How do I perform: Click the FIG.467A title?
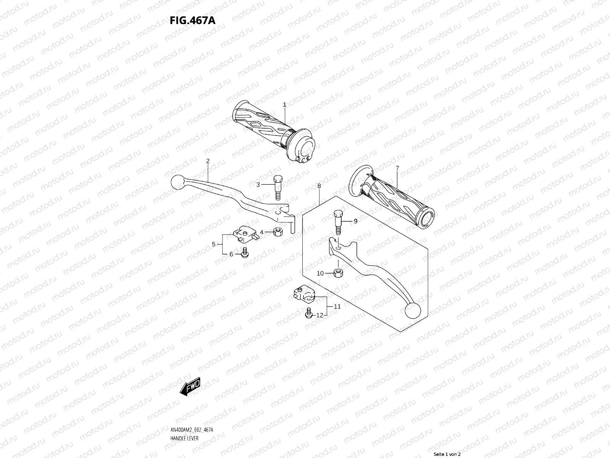193,20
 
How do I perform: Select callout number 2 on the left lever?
208,161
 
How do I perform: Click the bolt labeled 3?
278,187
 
